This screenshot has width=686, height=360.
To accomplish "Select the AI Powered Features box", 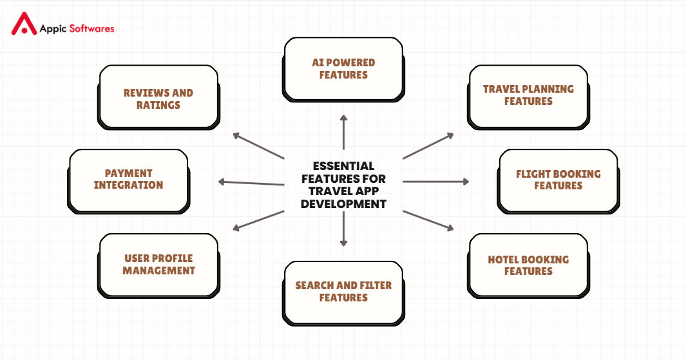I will point(343,69).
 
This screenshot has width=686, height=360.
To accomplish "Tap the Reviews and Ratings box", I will point(158,99).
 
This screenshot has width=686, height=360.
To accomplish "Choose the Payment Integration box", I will point(128,180).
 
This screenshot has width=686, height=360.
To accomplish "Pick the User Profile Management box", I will point(158,265).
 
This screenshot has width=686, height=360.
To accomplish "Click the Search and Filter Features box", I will point(343,292).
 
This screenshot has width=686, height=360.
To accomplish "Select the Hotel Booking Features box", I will point(528,265).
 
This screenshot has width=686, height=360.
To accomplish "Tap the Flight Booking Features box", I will point(558,180).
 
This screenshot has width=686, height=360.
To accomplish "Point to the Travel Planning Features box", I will point(528,95).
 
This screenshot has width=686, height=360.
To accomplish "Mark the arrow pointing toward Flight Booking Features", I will point(436,182).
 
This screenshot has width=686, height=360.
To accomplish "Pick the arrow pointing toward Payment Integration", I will point(251,183).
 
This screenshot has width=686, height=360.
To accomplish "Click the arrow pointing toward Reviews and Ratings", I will point(258,146).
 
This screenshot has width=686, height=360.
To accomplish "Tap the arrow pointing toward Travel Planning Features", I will point(428,146).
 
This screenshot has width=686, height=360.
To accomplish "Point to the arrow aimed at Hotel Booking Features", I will point(428,220).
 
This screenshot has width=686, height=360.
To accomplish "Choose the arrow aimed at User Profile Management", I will point(258,220).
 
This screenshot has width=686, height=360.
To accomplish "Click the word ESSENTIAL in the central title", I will point(343,166).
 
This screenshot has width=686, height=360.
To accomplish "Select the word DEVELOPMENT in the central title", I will point(343,204).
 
